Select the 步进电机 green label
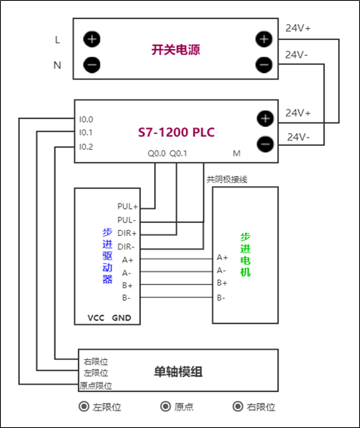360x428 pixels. point(245,253)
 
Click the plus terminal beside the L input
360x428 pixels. point(92,39)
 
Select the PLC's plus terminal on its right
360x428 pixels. point(264,118)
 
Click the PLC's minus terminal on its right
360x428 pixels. point(264,143)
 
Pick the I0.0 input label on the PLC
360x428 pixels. point(86,119)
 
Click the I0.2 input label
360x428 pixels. point(86,146)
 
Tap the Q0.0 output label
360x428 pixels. point(157,153)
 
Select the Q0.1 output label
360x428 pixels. point(178,153)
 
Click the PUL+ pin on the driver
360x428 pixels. point(127,206)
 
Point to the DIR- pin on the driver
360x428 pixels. point(127,247)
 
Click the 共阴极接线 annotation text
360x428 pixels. point(227,179)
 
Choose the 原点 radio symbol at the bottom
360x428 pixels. point(166,407)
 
